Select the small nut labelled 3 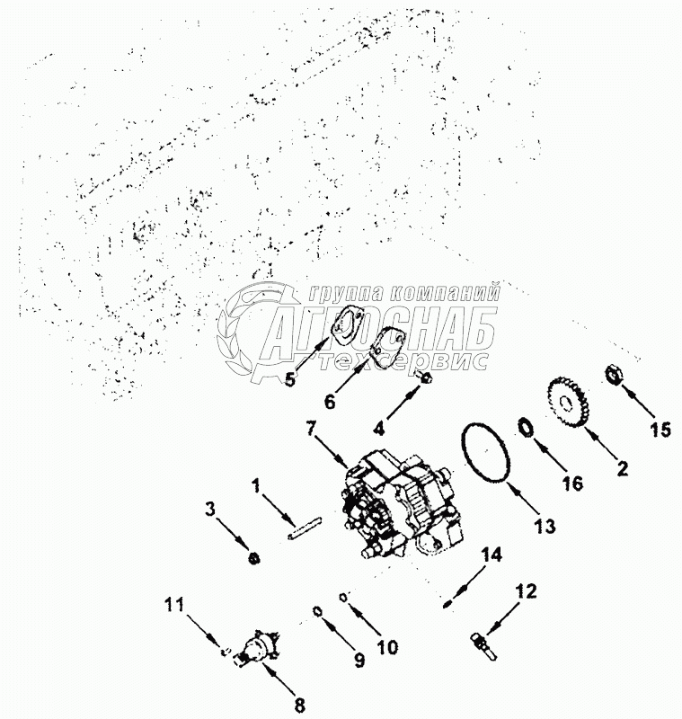[254, 559]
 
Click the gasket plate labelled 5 [343, 325]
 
